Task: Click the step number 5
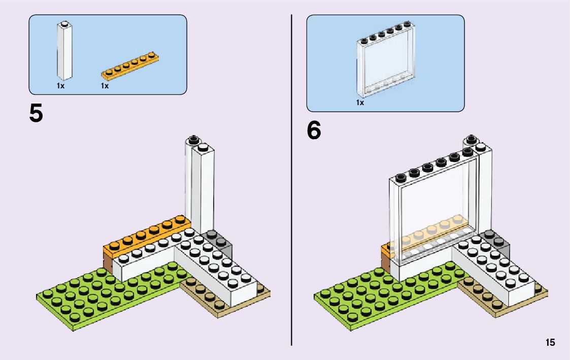point(36,113)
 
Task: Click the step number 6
point(314,130)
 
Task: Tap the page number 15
point(550,343)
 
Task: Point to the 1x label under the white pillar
point(60,86)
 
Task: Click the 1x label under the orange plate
point(105,86)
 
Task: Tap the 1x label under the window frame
point(360,103)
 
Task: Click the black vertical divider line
point(291,178)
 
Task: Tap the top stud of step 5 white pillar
point(193,139)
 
